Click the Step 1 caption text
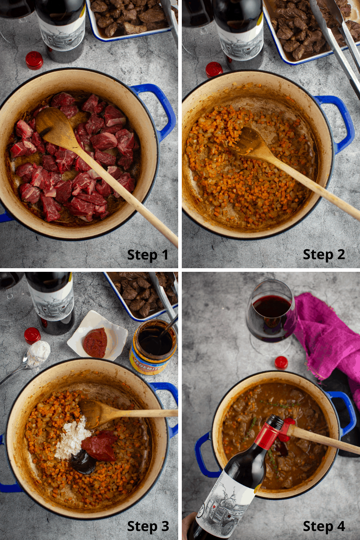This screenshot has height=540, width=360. [148, 255]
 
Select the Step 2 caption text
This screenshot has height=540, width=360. [324, 255]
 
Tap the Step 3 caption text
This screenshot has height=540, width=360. [148, 526]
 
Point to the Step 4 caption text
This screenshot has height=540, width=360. [324, 526]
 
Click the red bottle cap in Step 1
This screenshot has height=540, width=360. [35, 60]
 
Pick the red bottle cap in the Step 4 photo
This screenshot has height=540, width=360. [281, 363]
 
